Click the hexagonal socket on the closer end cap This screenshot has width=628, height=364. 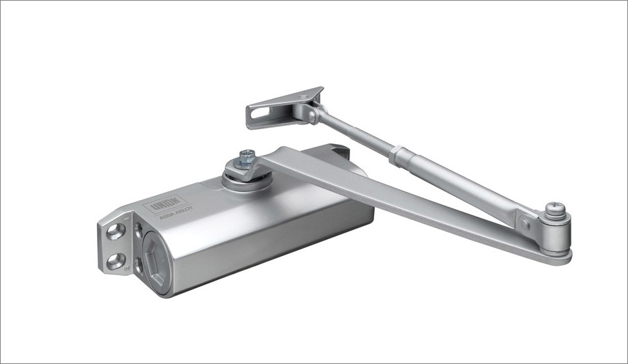[154, 260]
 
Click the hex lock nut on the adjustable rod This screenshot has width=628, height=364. [395, 156]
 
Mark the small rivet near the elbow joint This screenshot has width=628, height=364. [524, 223]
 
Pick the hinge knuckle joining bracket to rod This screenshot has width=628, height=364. [311, 113]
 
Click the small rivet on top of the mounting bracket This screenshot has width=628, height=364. [300, 102]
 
